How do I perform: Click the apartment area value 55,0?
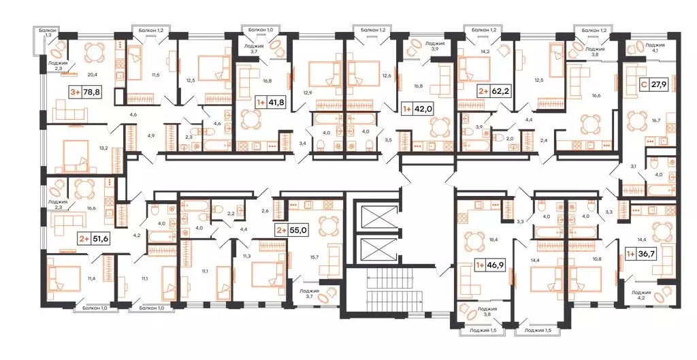[297, 231]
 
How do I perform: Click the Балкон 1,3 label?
[48, 34]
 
